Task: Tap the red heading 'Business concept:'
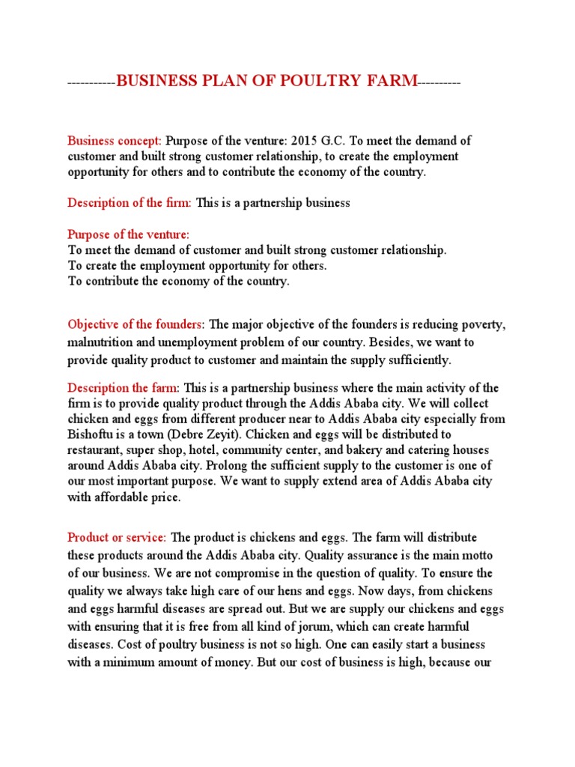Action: (x=115, y=141)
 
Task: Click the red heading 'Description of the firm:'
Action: (x=130, y=203)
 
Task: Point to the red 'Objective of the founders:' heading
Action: (x=136, y=324)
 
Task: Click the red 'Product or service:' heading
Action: (x=118, y=538)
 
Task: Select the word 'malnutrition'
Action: (x=100, y=342)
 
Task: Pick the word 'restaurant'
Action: (x=96, y=450)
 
